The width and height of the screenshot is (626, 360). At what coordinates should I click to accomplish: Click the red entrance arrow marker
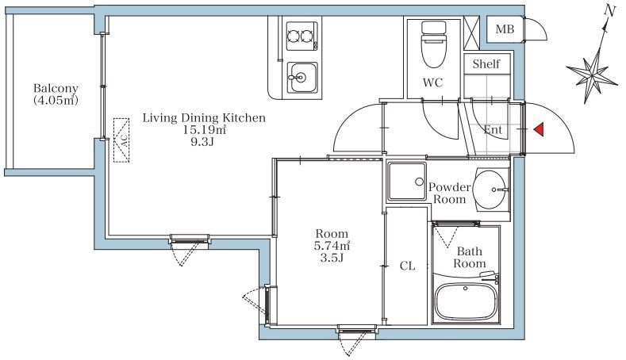point(540,129)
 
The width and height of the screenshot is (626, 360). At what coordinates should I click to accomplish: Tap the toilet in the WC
point(434,44)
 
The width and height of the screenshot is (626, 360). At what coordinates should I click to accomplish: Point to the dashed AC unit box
point(121,140)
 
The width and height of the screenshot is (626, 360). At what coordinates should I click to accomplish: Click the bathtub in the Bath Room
point(466,301)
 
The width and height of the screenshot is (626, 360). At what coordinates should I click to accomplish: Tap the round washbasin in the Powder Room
point(490,190)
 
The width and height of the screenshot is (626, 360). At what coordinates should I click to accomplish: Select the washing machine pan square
point(407,182)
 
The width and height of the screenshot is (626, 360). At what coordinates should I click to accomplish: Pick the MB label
point(505,29)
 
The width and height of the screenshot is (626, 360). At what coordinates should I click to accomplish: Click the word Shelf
point(486,63)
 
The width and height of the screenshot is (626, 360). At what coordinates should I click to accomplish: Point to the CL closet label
point(407,266)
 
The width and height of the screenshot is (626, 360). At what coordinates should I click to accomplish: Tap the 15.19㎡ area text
point(205,129)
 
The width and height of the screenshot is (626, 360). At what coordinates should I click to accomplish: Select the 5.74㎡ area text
point(332,246)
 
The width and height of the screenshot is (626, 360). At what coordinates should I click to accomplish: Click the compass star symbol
point(592,73)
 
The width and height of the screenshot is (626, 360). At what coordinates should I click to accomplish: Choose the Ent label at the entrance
point(493,129)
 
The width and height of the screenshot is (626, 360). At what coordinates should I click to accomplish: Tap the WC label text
point(433,82)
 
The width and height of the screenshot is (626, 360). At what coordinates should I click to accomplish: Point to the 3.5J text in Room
point(332,258)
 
